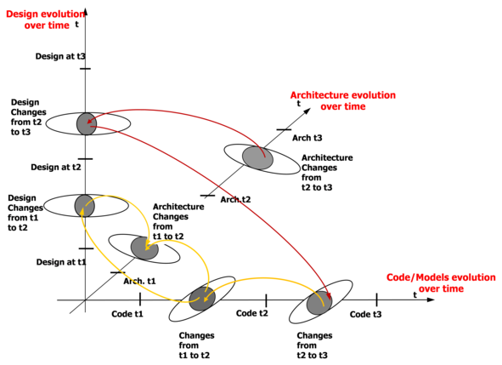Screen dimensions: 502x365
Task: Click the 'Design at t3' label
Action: coord(60,56)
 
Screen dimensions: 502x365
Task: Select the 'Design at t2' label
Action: coord(56,167)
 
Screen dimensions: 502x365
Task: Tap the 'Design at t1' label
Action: coord(61,262)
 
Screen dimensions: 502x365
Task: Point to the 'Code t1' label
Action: coord(127,314)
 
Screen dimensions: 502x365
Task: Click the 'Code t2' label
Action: coord(251,313)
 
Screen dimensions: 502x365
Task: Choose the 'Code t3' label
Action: coord(365,314)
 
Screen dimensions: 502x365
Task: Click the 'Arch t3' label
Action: coord(307,138)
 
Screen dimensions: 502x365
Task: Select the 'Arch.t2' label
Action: coord(235,199)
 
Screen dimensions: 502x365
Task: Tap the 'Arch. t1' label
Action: coord(139,282)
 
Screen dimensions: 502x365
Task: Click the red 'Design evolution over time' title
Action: coord(46,20)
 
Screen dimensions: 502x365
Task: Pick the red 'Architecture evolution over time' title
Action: coord(343,100)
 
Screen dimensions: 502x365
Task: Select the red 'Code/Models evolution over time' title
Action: coord(441,282)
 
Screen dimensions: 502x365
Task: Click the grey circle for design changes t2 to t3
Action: coord(87,124)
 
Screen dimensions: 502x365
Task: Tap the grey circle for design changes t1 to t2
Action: coord(85,206)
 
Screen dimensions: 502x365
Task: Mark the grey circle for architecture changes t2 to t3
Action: coord(257,157)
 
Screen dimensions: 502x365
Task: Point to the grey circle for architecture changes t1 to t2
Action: coord(144,248)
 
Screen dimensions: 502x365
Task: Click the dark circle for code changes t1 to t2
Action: coord(202,299)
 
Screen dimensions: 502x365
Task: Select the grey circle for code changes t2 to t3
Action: coord(319,303)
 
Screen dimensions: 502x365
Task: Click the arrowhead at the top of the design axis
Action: coord(86,12)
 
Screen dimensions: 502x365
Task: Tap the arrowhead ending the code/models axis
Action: coord(431,299)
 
